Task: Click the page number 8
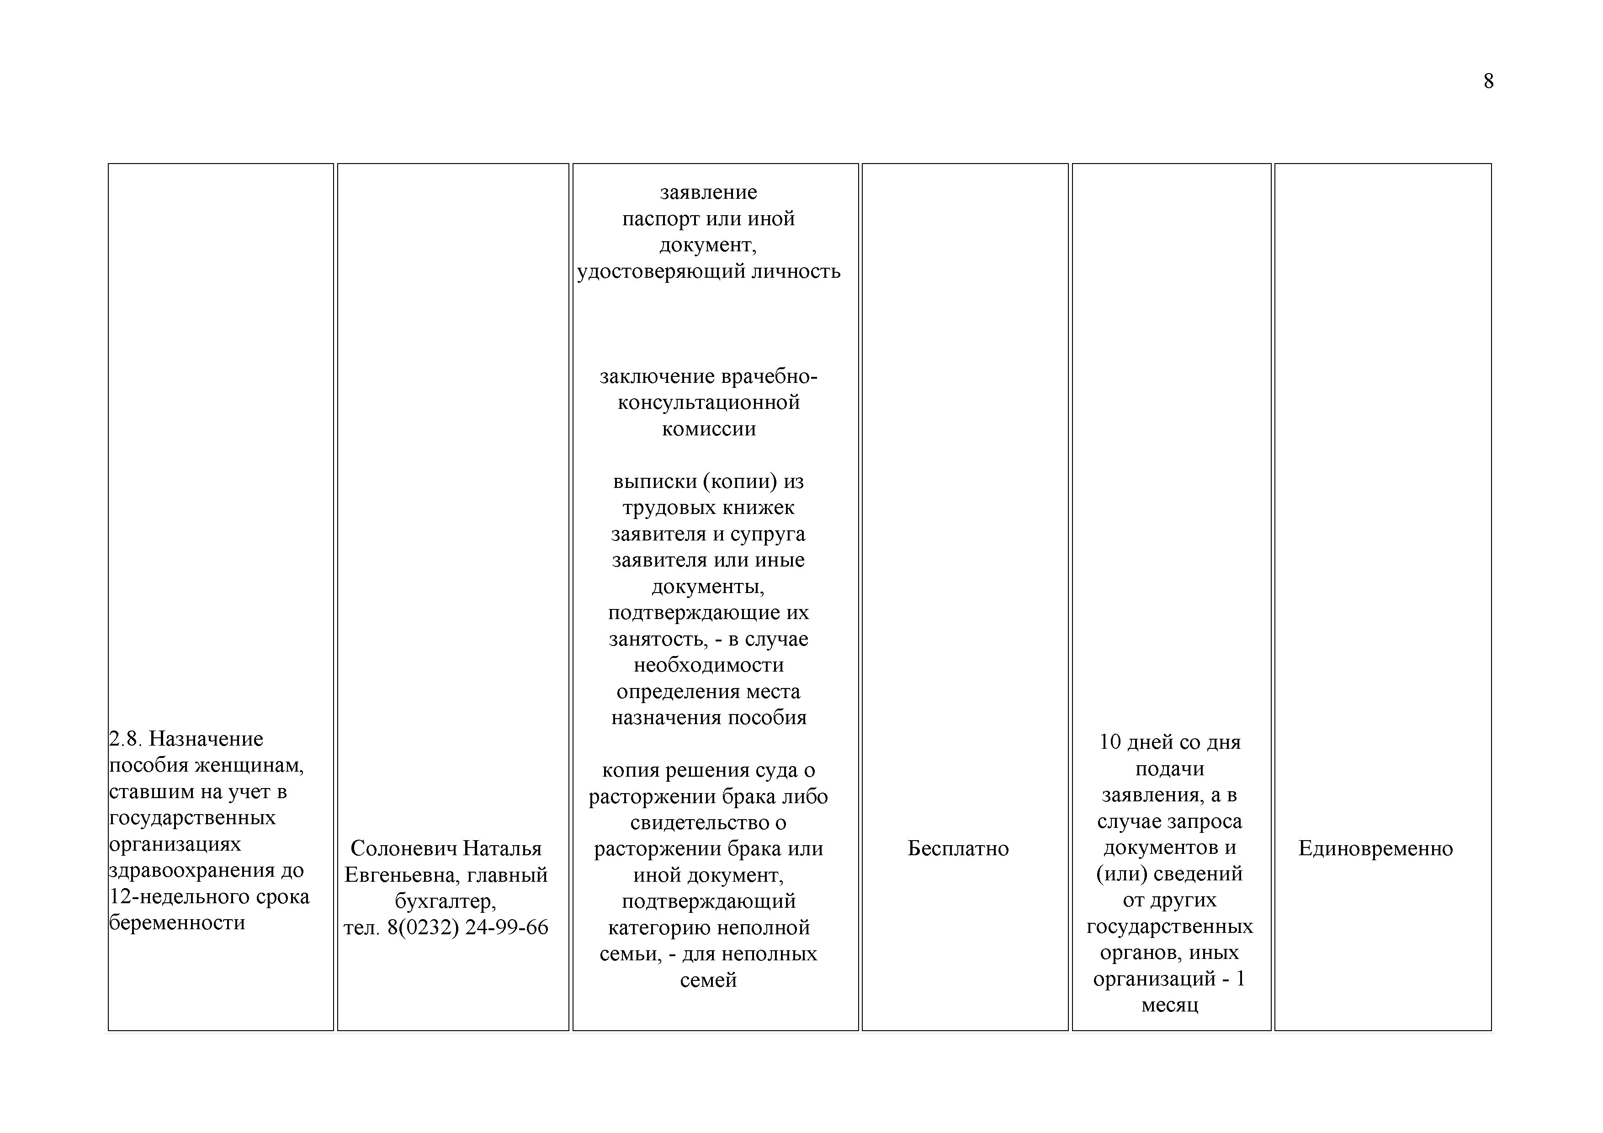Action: (x=1488, y=82)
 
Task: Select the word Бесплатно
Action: (x=958, y=848)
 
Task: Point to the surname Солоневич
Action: (x=403, y=848)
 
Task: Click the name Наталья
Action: (x=503, y=848)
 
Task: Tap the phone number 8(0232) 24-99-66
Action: (x=468, y=928)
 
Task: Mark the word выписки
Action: (x=654, y=482)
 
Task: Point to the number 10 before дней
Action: (x=1109, y=742)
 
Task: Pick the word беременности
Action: (x=177, y=923)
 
